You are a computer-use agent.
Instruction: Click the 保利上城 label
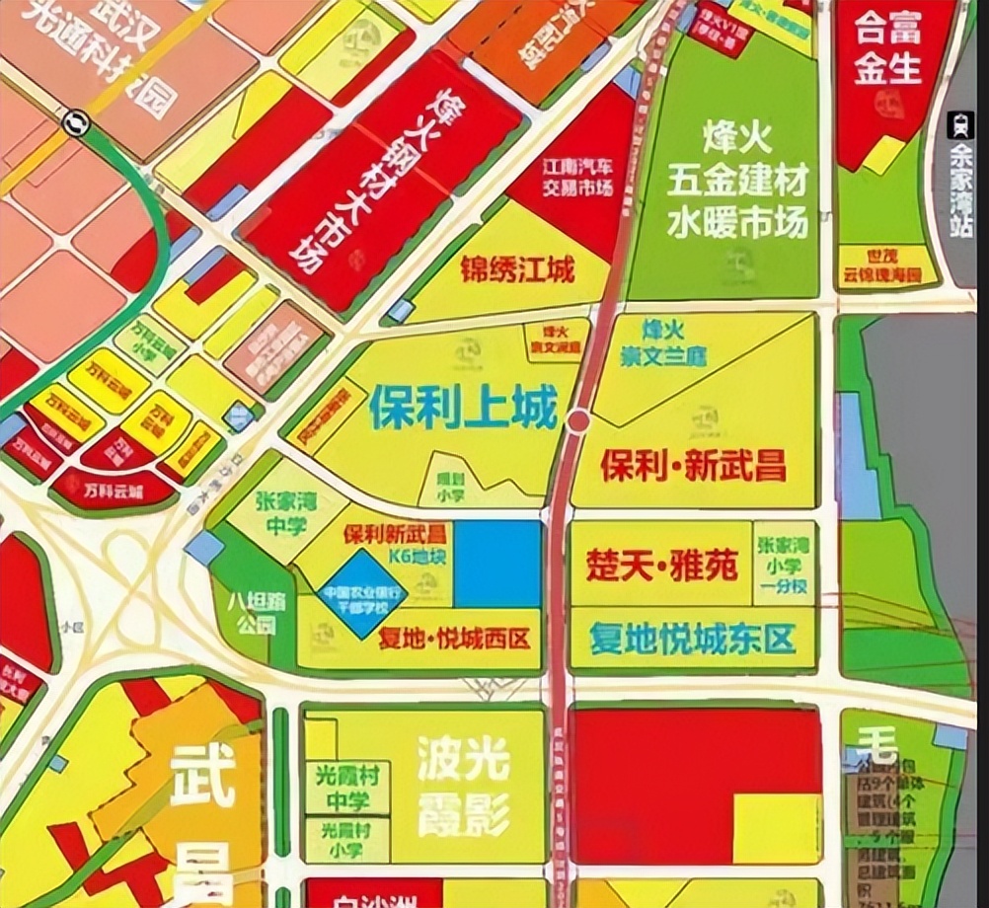click(463, 408)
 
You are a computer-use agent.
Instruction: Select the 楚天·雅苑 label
click(661, 567)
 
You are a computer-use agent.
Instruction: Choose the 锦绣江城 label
click(517, 269)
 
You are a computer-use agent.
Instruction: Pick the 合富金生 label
click(887, 46)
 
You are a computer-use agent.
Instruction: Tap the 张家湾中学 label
click(267, 513)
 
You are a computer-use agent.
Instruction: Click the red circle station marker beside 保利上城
click(578, 421)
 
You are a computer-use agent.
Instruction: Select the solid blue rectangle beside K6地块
click(497, 564)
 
